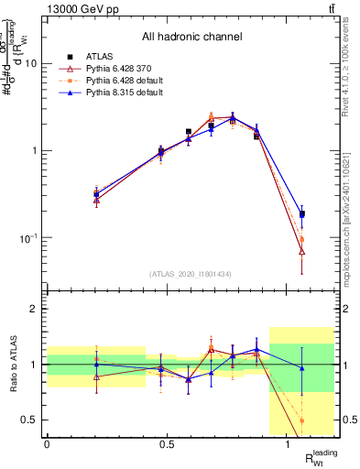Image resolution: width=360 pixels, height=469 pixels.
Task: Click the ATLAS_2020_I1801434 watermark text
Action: pos(191,274)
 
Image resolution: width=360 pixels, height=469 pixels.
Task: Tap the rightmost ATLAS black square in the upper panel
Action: pos(302,213)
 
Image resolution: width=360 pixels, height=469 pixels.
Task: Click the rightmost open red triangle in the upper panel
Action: pos(302,250)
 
